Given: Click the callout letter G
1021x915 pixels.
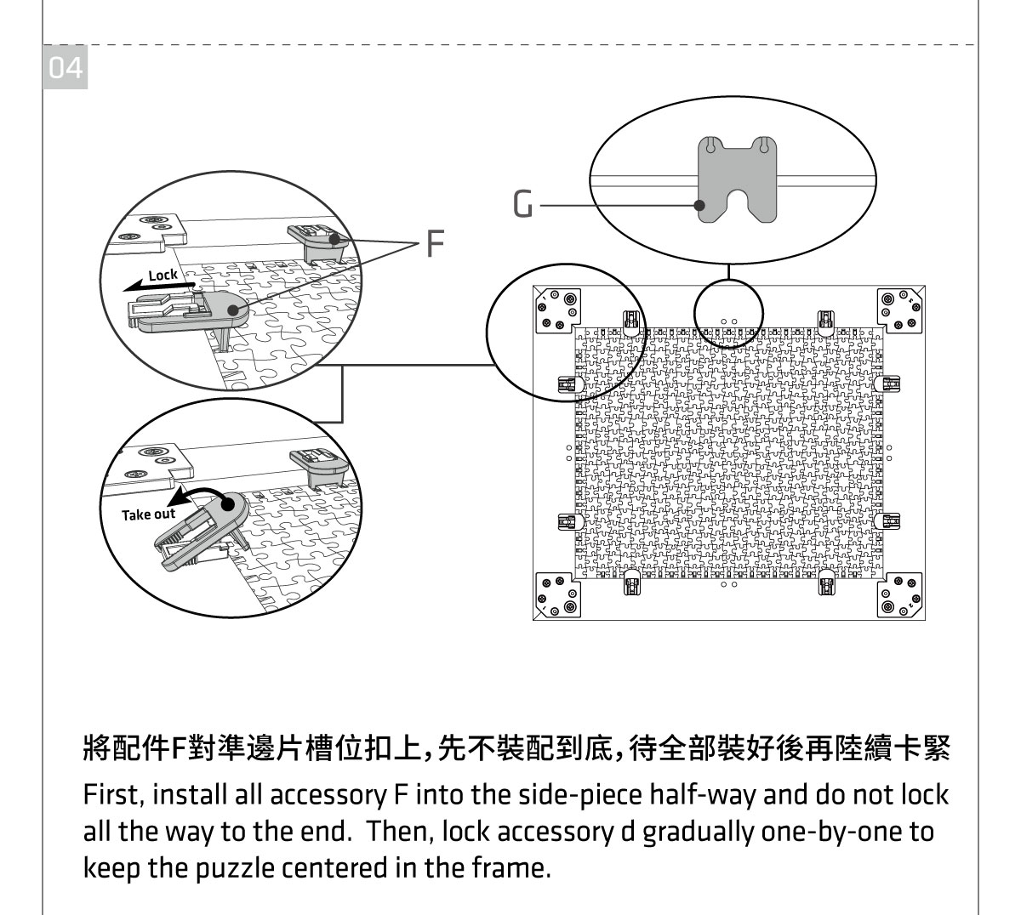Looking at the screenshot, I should pyautogui.click(x=525, y=205).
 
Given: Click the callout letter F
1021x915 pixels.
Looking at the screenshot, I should pyautogui.click(x=434, y=244).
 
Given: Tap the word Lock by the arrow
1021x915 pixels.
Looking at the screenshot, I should pyautogui.click(x=163, y=275).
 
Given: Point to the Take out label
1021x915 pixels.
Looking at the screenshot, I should pyautogui.click(x=148, y=514).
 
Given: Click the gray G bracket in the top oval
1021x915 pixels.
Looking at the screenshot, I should pyautogui.click(x=737, y=179).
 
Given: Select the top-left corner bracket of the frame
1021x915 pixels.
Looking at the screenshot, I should pyautogui.click(x=557, y=310).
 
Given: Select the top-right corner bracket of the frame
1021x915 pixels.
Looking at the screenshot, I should pyautogui.click(x=899, y=310).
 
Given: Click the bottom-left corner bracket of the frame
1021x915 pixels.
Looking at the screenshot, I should pyautogui.click(x=557, y=594).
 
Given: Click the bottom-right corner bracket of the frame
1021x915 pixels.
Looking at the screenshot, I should pyautogui.click(x=899, y=594).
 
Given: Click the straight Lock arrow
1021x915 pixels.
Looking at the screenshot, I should pyautogui.click(x=162, y=287).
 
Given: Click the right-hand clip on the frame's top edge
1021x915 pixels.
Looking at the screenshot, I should pyautogui.click(x=824, y=321).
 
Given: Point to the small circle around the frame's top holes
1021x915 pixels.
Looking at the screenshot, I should pyautogui.click(x=729, y=314).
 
